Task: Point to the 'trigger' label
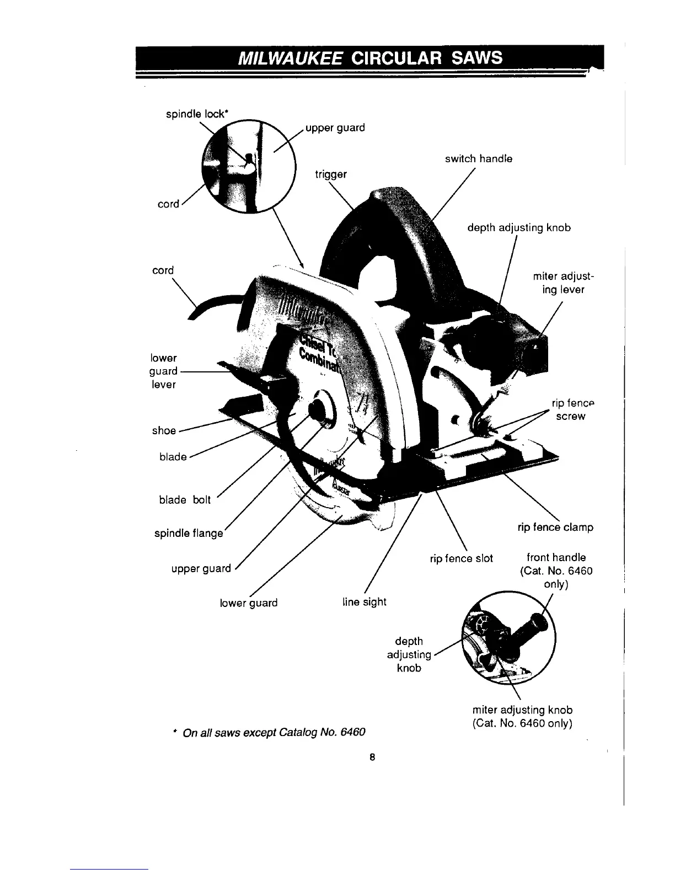330,174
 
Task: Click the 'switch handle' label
479,159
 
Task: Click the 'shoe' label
164,430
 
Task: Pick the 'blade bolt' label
185,500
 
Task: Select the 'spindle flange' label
189,534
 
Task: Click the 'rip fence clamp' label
555,527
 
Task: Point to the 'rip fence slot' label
461,558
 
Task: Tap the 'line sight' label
364,602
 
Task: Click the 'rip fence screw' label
569,410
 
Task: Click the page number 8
373,758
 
